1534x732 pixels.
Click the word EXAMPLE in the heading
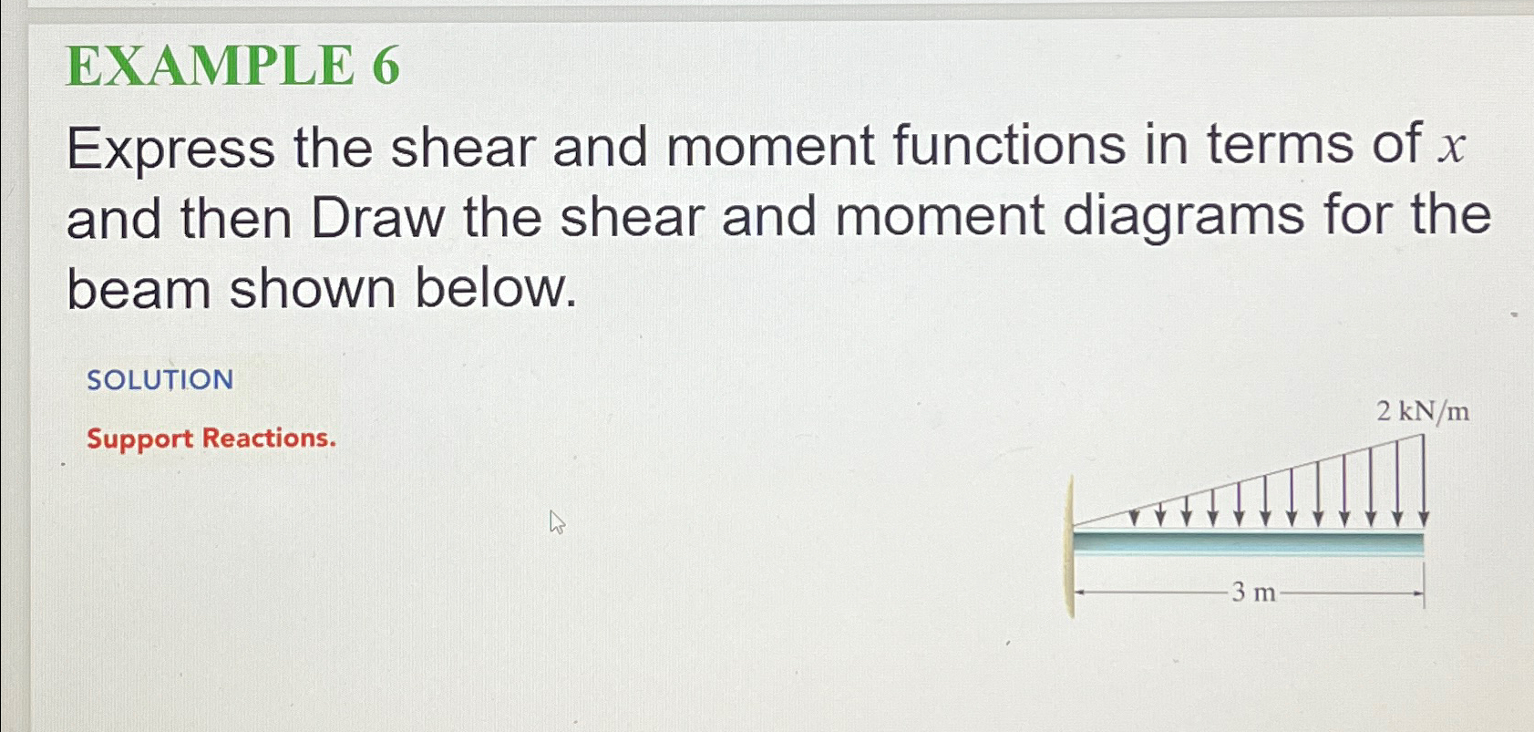click(x=210, y=67)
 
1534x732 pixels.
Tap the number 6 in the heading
click(x=386, y=67)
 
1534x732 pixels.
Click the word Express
click(x=170, y=148)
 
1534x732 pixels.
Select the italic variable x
click(x=1451, y=148)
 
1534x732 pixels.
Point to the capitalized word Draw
click(x=377, y=219)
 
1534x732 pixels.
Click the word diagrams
click(x=1184, y=219)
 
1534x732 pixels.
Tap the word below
click(x=495, y=289)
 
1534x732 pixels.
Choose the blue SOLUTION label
click(x=160, y=379)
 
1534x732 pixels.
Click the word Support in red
click(x=139, y=439)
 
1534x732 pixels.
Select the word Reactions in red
click(x=268, y=438)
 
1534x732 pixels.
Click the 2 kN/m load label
click(x=1422, y=412)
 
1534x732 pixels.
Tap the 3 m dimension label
click(x=1253, y=593)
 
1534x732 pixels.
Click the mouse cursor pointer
click(x=557, y=522)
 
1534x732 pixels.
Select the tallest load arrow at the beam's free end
click(x=1423, y=480)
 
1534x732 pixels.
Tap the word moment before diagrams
click(x=939, y=219)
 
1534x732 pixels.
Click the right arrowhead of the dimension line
click(x=1418, y=594)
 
